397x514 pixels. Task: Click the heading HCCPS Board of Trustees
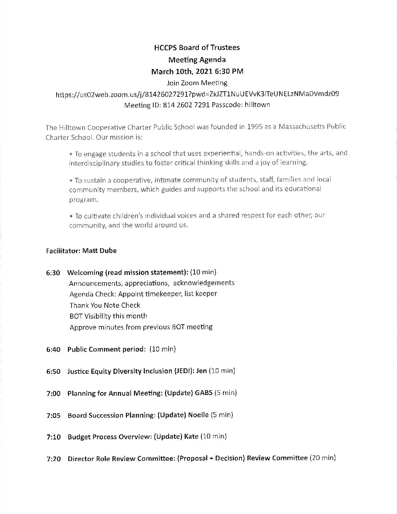point(197,47)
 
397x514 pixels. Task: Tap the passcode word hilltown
point(257,105)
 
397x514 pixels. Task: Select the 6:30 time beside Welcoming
point(53,273)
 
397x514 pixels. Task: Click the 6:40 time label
point(53,349)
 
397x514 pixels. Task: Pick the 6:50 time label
point(53,371)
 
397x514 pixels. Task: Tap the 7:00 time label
point(53,394)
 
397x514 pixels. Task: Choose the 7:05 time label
point(53,415)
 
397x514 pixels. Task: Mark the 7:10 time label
point(53,437)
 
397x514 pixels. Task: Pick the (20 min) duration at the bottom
point(322,458)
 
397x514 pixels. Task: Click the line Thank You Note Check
point(105,305)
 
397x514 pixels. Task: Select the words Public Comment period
point(107,349)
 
